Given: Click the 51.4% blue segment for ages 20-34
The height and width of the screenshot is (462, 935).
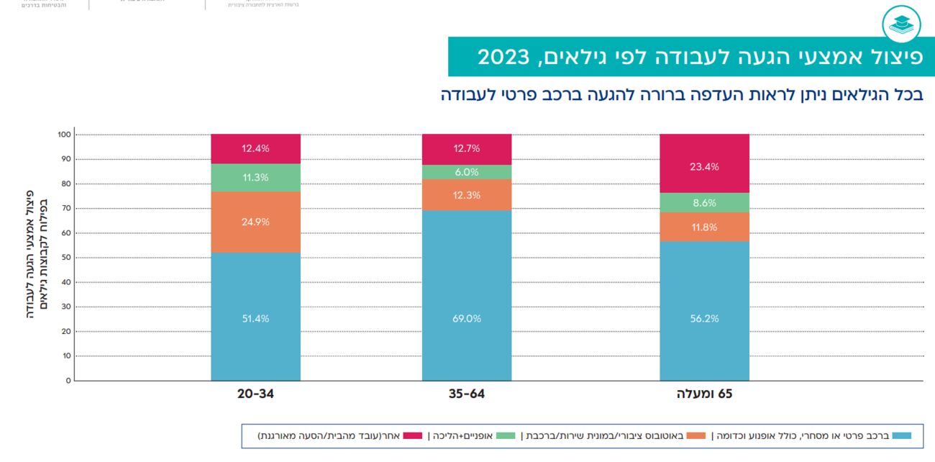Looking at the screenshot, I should pyautogui.click(x=255, y=317).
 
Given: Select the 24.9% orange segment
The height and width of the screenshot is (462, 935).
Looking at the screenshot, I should pyautogui.click(x=255, y=222).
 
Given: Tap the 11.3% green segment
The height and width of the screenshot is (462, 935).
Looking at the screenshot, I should pyautogui.click(x=255, y=178).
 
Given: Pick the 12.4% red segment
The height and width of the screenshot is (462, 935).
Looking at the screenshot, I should pyautogui.click(x=255, y=149).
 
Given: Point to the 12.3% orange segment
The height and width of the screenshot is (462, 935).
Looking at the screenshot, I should pyautogui.click(x=466, y=195).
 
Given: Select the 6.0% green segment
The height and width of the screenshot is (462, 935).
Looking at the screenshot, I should pyautogui.click(x=466, y=172).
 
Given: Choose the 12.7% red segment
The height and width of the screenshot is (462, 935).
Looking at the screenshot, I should pyautogui.click(x=466, y=149).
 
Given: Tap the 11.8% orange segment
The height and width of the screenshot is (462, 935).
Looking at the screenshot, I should pyautogui.click(x=704, y=227).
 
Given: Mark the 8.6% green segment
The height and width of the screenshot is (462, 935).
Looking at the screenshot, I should pyautogui.click(x=704, y=203).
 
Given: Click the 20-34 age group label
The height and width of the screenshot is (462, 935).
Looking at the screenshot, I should pyautogui.click(x=255, y=394).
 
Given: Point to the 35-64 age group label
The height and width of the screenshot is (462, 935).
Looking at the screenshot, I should pyautogui.click(x=466, y=394).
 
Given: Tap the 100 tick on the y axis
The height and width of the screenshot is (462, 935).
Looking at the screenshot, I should pyautogui.click(x=64, y=135).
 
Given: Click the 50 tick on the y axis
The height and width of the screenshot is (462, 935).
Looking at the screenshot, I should pyautogui.click(x=65, y=258).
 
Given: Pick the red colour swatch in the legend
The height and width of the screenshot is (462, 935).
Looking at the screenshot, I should pyautogui.click(x=412, y=435).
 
